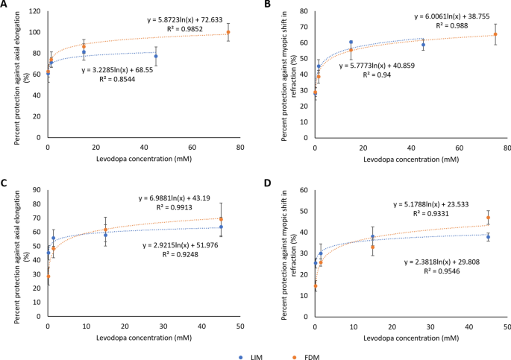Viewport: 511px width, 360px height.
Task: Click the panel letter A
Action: [6, 6]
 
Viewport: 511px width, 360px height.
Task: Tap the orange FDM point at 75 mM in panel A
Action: [228, 33]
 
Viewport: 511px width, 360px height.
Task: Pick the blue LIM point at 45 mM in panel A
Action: [156, 56]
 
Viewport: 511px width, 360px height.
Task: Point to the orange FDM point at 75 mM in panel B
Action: [495, 34]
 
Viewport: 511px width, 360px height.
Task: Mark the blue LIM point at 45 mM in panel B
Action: [423, 45]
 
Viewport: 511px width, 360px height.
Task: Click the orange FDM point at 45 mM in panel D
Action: [489, 218]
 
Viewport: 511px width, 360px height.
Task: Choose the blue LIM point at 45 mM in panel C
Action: [222, 227]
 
